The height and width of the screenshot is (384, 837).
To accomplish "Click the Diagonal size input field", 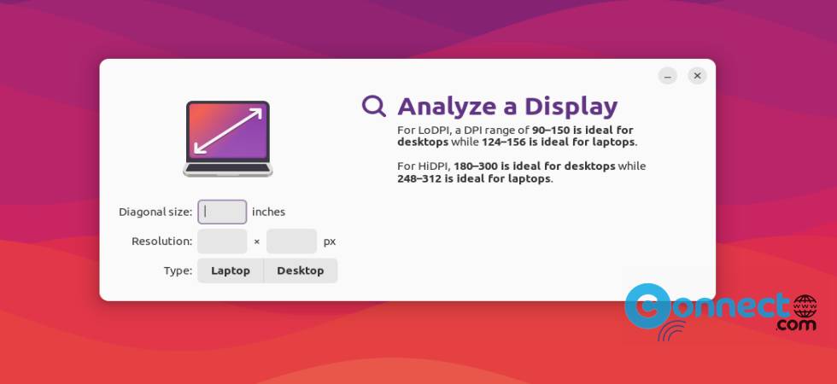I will [x=222, y=212].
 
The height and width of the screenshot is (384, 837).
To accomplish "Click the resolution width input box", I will [x=222, y=241].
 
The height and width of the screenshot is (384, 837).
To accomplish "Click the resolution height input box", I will [x=291, y=241].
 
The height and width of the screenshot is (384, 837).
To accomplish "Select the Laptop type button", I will [x=231, y=271].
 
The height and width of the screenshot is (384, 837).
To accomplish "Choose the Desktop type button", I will [x=301, y=271].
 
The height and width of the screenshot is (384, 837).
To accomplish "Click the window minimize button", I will [x=668, y=76].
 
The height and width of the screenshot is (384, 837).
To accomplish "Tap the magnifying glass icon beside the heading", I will [x=374, y=106].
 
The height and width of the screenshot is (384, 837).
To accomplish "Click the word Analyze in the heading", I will [x=445, y=107].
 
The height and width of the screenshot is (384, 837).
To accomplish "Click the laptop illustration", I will [x=228, y=138].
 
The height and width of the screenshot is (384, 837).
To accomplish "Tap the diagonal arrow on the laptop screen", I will [x=228, y=131].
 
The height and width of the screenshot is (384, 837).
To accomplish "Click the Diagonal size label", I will [x=155, y=212].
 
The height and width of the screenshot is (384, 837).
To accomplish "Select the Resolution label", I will [x=161, y=241].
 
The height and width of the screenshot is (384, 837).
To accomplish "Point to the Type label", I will [x=178, y=271].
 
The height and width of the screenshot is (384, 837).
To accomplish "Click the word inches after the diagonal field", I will [x=268, y=212].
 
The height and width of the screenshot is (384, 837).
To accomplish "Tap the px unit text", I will [x=330, y=241].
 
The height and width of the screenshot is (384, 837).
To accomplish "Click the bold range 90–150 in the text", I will [x=550, y=130].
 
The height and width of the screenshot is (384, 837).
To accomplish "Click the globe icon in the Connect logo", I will [x=805, y=305].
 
